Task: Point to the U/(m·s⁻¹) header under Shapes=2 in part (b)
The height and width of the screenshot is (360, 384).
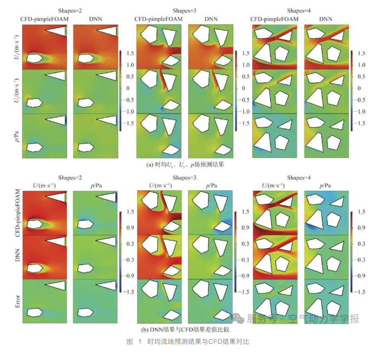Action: tap(42, 186)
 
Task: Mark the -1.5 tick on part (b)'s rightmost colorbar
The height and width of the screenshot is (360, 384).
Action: tap(361, 291)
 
